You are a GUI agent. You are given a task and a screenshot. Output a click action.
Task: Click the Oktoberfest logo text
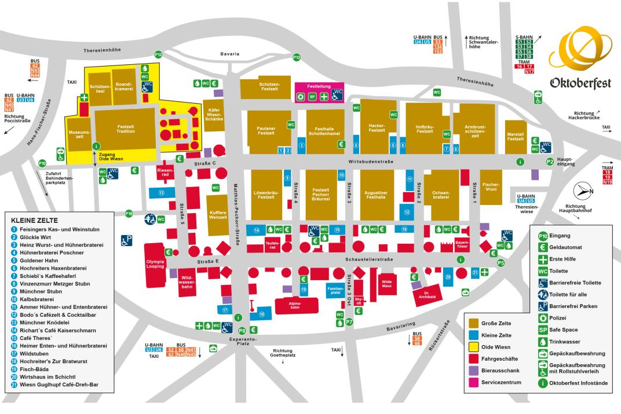tap(580, 84)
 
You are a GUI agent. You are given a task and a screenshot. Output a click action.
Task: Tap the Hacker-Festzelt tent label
tap(377, 127)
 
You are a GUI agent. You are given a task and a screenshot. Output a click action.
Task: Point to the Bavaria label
tap(229, 54)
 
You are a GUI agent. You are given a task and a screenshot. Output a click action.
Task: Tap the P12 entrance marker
tap(158, 54)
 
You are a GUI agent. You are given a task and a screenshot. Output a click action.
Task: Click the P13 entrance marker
tap(297, 57)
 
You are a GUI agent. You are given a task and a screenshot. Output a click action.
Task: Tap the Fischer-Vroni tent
tap(491, 187)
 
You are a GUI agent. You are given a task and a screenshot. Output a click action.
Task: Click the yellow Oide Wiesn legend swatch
tap(474, 346)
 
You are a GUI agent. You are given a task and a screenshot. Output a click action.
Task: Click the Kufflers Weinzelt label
tap(217, 214)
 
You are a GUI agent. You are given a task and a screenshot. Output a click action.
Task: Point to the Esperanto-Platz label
tap(239, 342)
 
